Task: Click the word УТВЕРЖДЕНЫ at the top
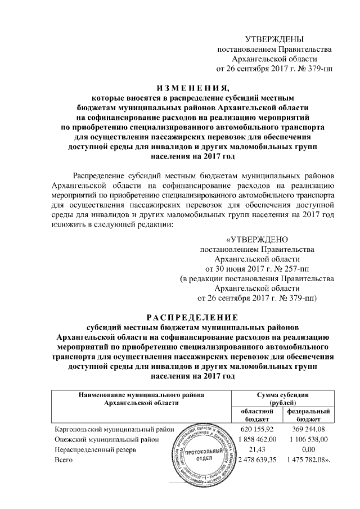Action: (274, 39)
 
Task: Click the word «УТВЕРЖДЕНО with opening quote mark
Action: (257, 238)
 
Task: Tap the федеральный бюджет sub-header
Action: (309, 416)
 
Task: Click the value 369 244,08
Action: (309, 429)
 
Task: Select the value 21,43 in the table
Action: (259, 449)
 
